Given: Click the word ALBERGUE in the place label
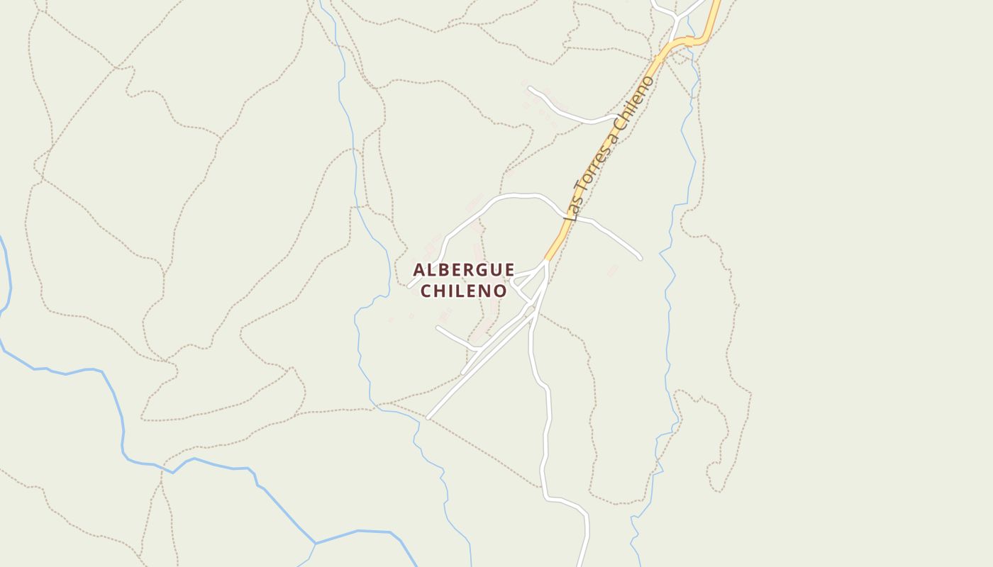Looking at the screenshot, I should [x=464, y=270].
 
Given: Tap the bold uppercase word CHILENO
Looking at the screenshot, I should [x=464, y=291].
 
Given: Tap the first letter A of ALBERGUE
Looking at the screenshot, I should [x=419, y=270].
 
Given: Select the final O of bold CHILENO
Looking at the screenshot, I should [x=501, y=291].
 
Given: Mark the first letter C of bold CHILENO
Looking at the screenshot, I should [x=427, y=291].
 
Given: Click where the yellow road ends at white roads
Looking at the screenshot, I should [x=546, y=259].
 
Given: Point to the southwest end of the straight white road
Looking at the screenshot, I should [x=428, y=417].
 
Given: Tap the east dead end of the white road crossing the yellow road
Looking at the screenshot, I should [x=640, y=258].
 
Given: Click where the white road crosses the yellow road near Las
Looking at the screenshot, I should [x=568, y=215].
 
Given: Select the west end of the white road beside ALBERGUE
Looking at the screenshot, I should [x=409, y=286].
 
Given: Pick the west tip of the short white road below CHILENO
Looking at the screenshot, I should [x=438, y=327].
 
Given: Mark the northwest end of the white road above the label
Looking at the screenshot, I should [x=529, y=88].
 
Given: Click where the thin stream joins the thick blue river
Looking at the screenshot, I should [x=316, y=544].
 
